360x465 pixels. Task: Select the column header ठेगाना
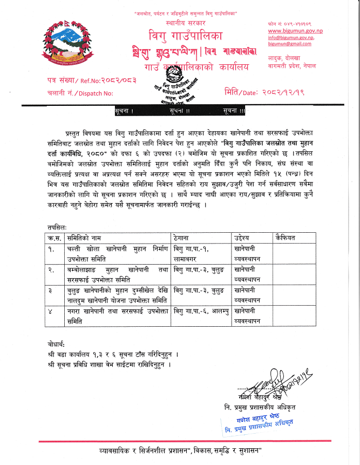[x=184, y=238]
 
